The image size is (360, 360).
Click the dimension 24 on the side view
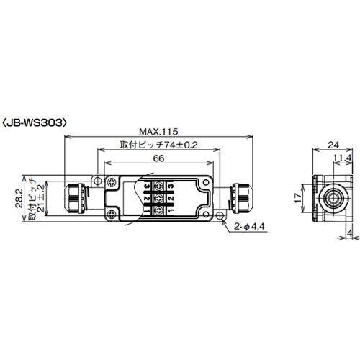[x=333, y=145]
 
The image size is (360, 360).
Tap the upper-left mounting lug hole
[x=99, y=178]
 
